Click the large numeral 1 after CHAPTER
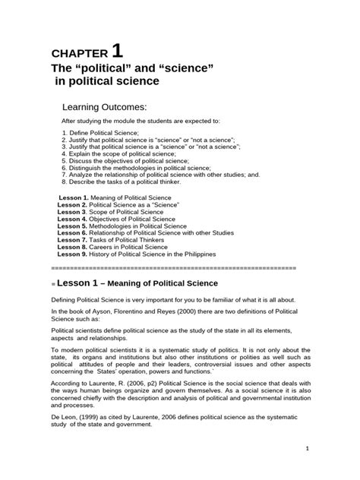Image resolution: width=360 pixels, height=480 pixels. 116,51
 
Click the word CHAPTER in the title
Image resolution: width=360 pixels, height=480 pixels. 78,54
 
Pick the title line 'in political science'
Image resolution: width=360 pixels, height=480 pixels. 108,80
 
